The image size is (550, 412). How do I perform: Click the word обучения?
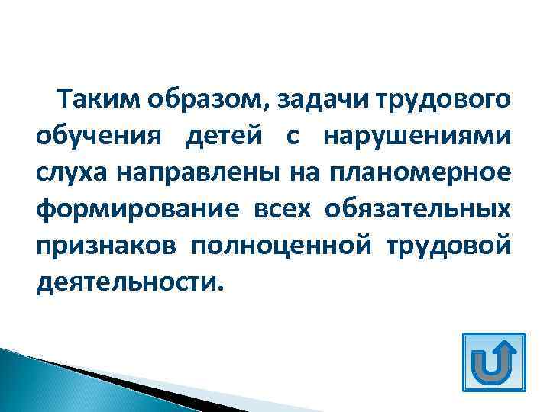point(97,138)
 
